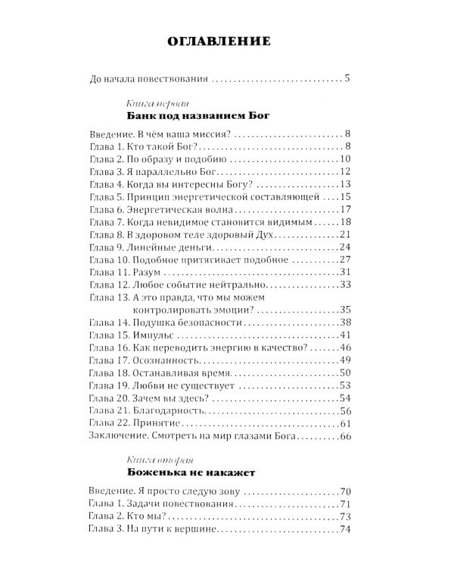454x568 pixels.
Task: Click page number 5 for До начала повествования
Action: click(347, 79)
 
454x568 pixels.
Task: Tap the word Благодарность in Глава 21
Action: click(170, 410)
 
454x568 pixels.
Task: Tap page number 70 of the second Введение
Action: click(347, 492)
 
